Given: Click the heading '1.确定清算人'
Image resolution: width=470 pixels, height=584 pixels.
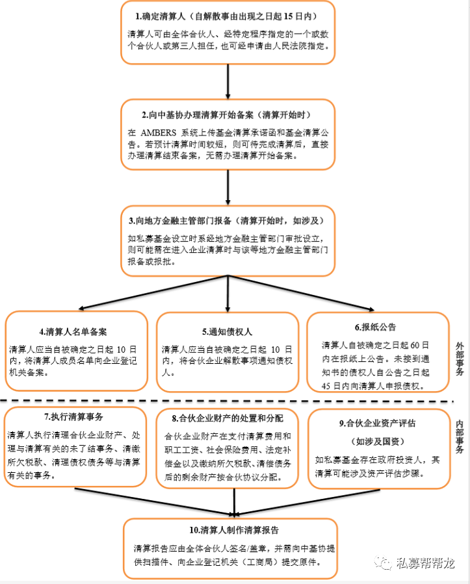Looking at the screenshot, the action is (x=161, y=16).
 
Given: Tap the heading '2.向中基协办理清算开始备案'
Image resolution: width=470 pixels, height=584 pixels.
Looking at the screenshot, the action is (x=198, y=115).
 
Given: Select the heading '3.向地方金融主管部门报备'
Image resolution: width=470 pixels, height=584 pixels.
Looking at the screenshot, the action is (x=180, y=221).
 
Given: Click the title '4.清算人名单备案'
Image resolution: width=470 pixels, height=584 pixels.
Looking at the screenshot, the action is (x=73, y=332).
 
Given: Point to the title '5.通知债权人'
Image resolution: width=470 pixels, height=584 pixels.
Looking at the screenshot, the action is (x=227, y=332).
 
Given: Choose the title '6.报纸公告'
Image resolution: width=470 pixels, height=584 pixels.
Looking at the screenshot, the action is (x=375, y=327).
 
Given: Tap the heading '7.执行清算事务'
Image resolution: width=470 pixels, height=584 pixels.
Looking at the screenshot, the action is (x=73, y=417).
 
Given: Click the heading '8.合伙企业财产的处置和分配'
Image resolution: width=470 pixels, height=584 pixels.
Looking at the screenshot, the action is (x=228, y=418).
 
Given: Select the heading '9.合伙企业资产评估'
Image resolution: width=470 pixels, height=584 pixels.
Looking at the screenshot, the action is (x=377, y=424).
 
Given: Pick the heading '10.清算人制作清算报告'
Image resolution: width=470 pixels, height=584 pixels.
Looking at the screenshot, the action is (x=234, y=530).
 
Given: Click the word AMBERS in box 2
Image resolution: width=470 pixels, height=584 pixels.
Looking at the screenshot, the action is (x=158, y=133).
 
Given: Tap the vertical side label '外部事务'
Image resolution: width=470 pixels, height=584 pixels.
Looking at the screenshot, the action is (x=460, y=359).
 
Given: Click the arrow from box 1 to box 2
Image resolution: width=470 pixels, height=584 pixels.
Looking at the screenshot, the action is (x=228, y=82).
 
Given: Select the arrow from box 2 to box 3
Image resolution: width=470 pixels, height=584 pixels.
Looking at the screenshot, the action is (x=228, y=188).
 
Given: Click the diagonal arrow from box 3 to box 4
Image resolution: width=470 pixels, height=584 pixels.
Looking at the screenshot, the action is (x=153, y=293).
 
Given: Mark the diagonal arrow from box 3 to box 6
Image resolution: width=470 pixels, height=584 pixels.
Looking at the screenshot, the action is (x=301, y=293).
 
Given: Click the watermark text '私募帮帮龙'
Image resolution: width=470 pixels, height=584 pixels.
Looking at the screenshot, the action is (x=425, y=563).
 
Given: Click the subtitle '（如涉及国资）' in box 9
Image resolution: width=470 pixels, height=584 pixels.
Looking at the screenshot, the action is (x=377, y=442).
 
